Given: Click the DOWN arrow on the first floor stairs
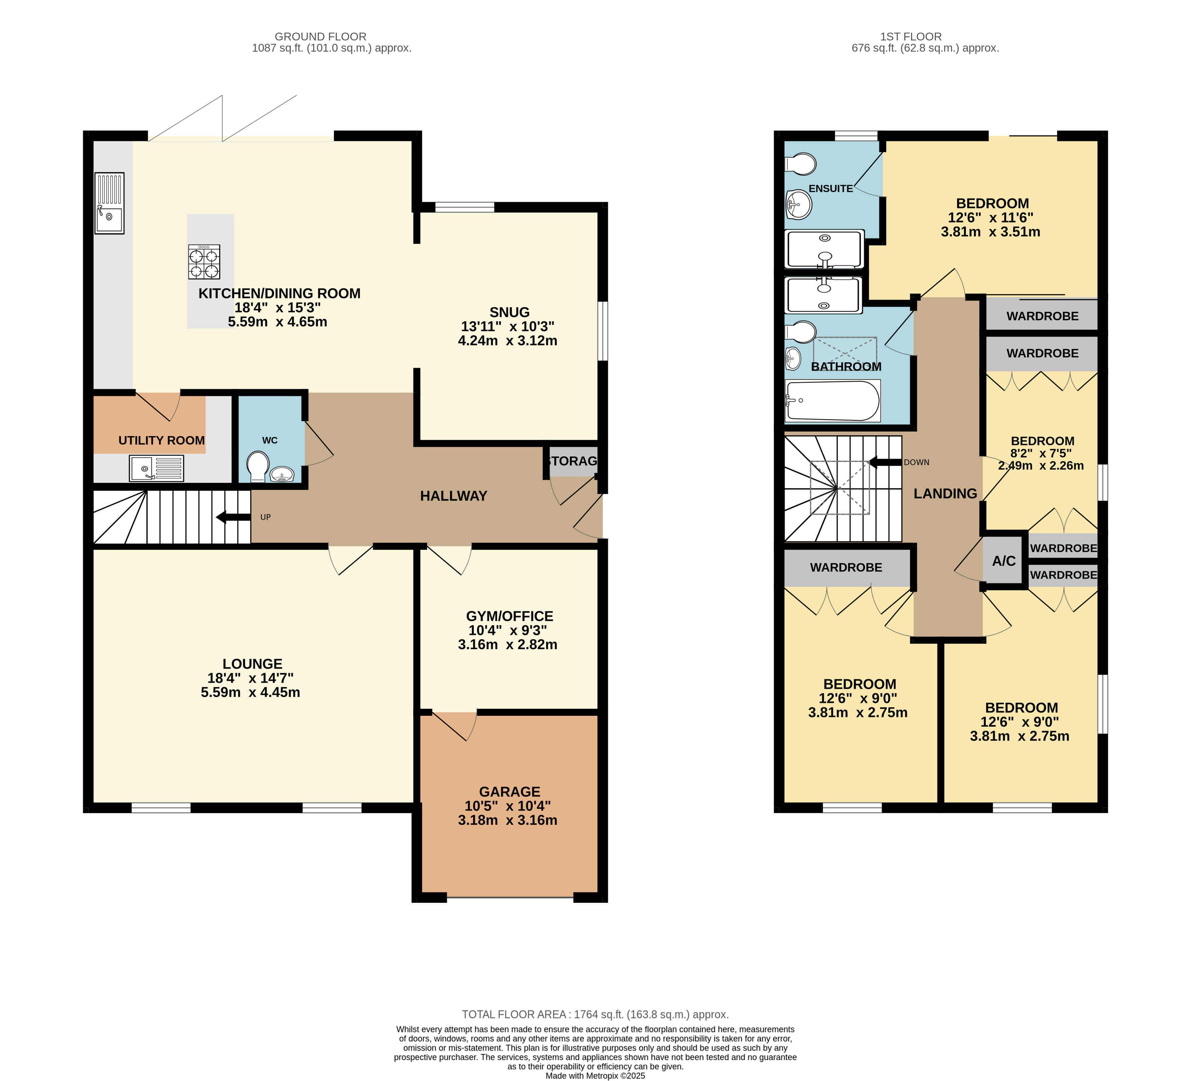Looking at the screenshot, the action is tap(884, 462).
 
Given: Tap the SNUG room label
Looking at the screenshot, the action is tap(509, 312).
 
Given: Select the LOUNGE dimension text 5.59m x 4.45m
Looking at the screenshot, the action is tap(251, 692).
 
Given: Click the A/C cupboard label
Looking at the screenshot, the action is tap(1004, 561).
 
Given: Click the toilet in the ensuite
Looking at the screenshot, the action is tap(800, 164).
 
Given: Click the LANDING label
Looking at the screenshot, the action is tap(945, 493).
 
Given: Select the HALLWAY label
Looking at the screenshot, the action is tap(454, 496).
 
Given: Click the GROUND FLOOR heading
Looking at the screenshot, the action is tap(321, 37).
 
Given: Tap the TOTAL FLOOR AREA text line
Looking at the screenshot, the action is tap(595, 1014).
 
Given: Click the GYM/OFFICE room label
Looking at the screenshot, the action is tap(509, 616).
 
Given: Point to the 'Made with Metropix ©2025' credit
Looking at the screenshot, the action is tap(595, 1076).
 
